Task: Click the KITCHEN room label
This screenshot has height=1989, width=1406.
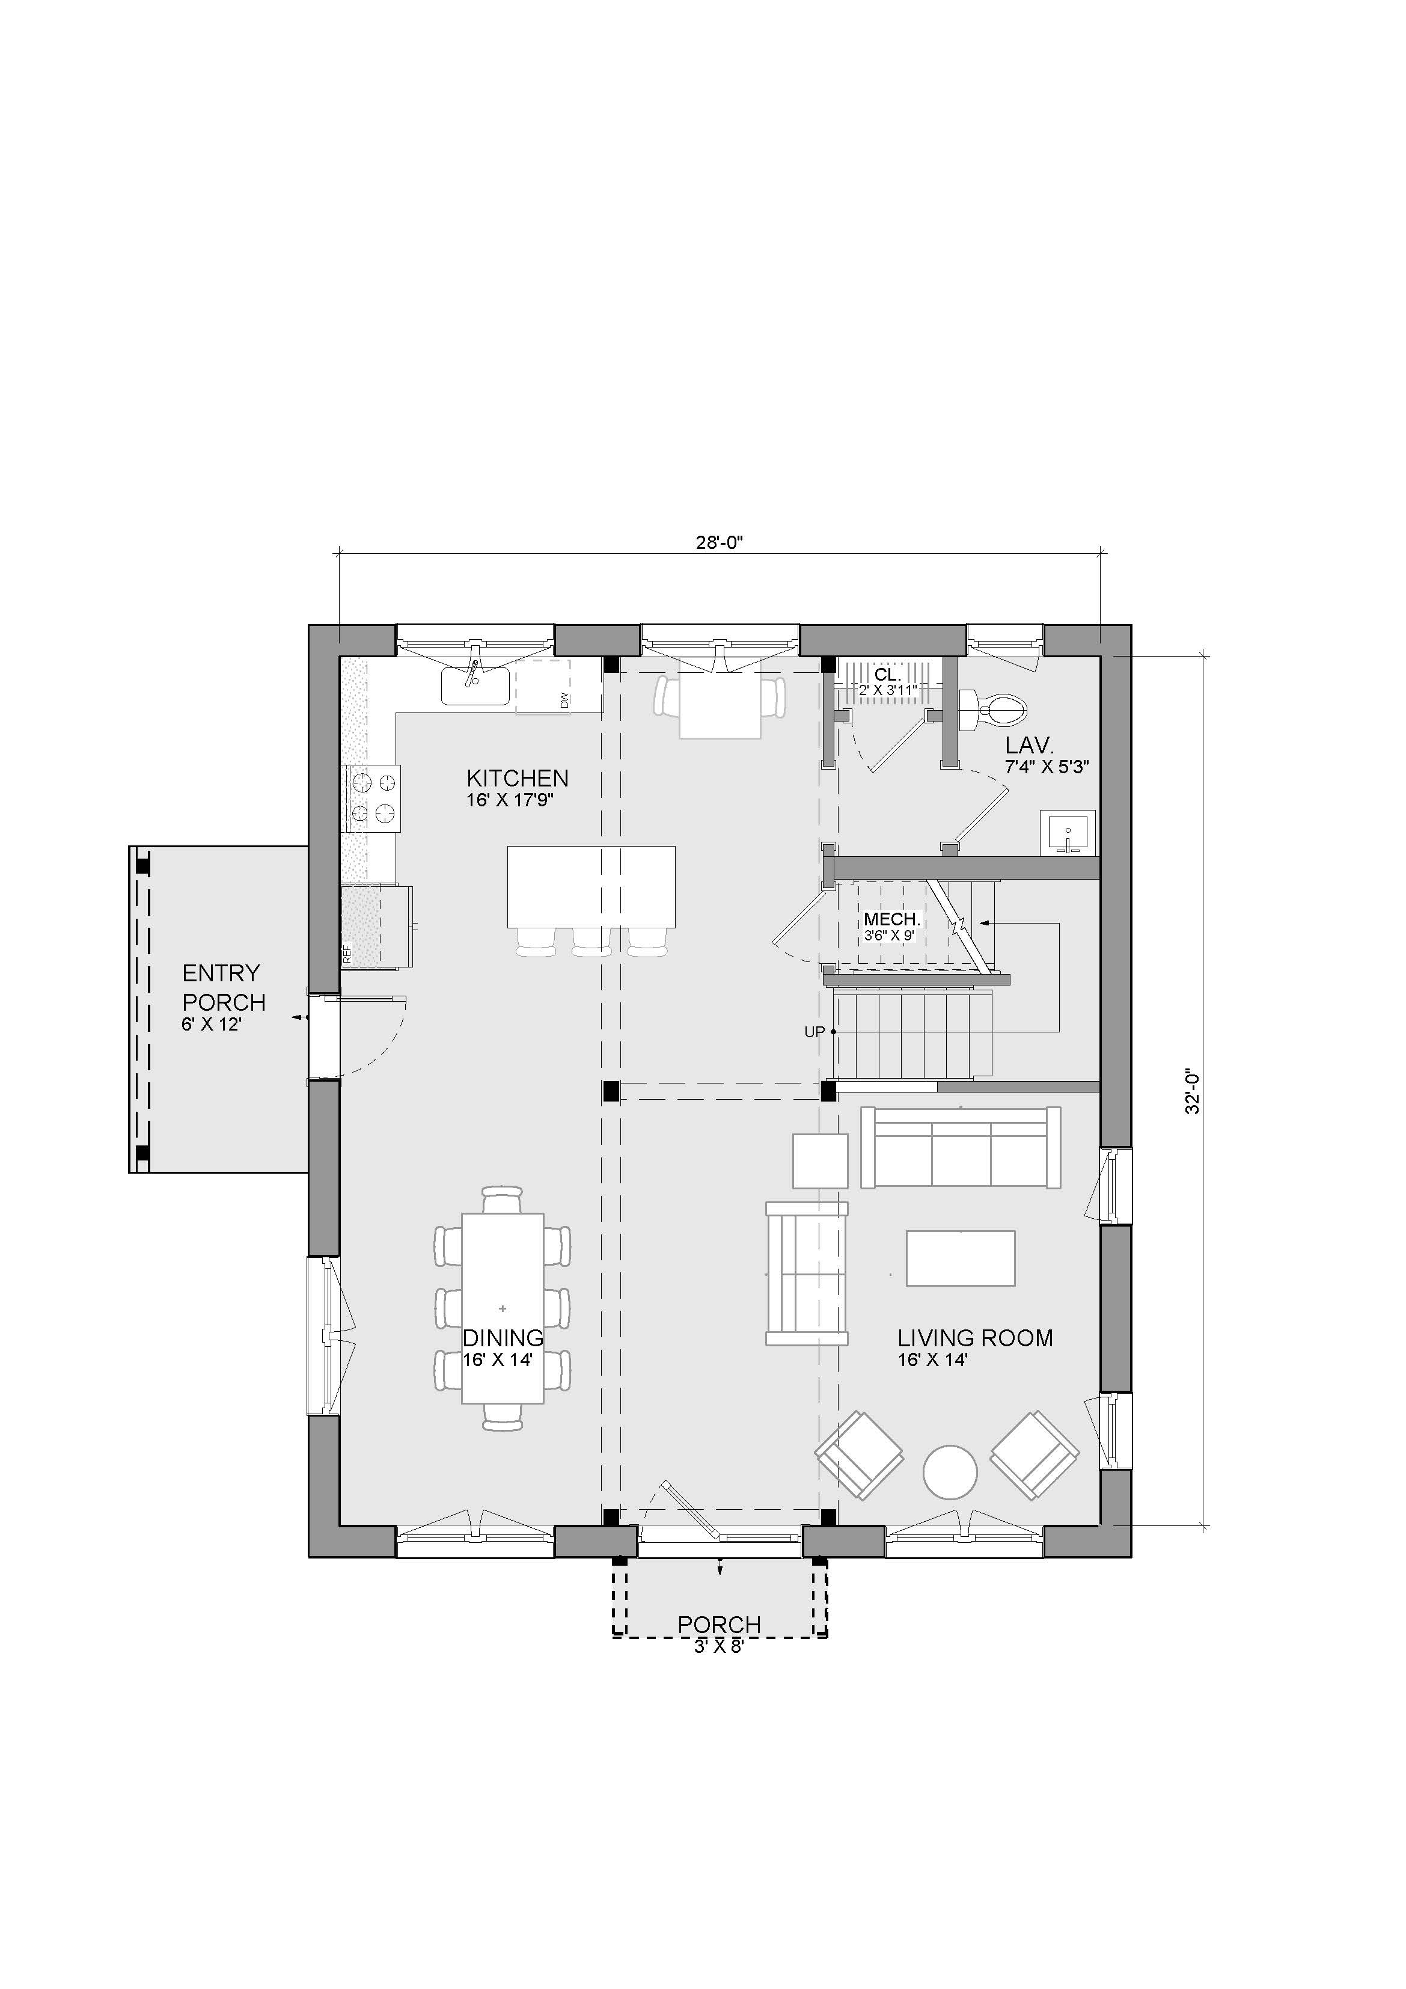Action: (x=517, y=778)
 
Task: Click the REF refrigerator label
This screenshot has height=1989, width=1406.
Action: (x=346, y=955)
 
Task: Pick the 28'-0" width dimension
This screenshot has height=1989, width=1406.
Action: (x=720, y=543)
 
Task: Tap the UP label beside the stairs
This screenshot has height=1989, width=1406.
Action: (x=815, y=1032)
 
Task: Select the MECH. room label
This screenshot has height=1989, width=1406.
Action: (x=891, y=919)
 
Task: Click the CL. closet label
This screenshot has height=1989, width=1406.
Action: (x=888, y=675)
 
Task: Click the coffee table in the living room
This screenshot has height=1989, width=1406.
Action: (x=961, y=1258)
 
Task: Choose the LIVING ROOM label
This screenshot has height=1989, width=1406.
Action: (x=976, y=1338)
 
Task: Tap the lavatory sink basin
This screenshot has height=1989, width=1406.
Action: (x=1068, y=833)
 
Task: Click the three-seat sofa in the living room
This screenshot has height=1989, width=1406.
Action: (x=961, y=1147)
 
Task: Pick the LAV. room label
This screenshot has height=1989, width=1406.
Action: (x=1029, y=745)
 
